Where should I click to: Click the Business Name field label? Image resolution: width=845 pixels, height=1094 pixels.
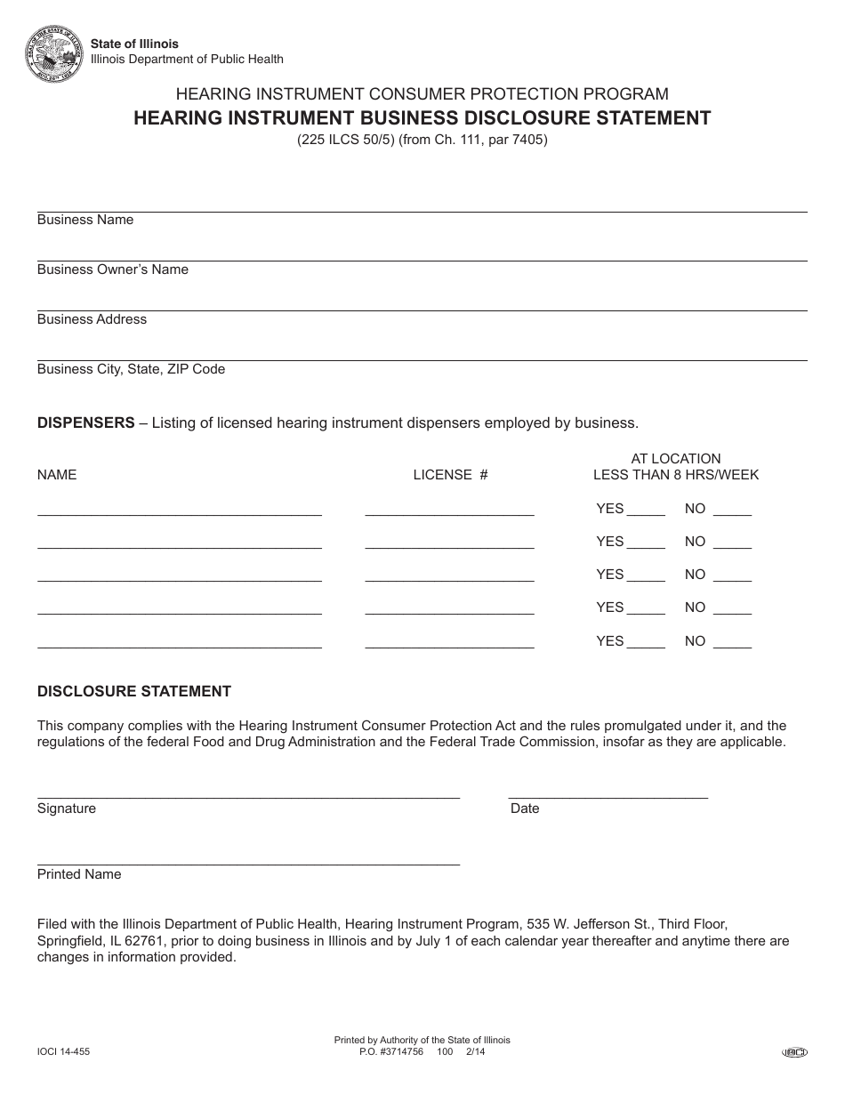85,220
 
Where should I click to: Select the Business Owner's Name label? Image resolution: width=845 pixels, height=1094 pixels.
113,269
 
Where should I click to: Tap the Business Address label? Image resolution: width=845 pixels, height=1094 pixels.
92,319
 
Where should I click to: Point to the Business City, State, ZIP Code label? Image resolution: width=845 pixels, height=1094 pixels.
131,369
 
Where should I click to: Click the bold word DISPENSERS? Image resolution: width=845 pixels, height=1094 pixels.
85,422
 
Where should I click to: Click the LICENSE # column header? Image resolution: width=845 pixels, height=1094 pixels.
450,475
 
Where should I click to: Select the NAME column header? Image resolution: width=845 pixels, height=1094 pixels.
57,475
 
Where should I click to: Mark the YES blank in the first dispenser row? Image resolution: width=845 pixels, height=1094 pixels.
646,511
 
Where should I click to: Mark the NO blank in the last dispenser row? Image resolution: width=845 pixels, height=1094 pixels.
732,643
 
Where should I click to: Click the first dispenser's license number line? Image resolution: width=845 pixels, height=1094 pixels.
449,513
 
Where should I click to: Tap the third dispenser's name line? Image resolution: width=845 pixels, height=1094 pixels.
179,579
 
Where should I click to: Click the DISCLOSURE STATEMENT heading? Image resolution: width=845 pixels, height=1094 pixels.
133,691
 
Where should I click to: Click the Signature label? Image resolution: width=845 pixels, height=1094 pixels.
67,808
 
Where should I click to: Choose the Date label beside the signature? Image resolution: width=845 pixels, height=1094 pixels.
525,808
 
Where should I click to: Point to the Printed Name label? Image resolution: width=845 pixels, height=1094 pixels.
79,874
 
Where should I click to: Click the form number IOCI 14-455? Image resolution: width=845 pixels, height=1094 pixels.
63,1051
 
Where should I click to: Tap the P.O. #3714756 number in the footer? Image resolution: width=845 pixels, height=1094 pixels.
392,1051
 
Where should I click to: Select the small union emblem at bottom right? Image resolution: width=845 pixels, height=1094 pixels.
794,1052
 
